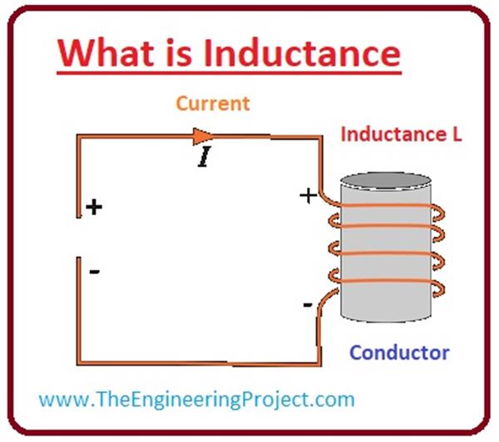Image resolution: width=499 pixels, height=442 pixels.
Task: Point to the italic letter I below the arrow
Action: click(x=203, y=156)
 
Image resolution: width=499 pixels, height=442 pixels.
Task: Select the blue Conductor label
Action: click(x=399, y=352)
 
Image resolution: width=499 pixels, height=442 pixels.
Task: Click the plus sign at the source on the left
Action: click(x=94, y=207)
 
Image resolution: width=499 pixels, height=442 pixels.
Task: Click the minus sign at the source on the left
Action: click(x=94, y=271)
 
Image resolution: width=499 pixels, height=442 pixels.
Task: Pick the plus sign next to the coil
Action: click(x=307, y=197)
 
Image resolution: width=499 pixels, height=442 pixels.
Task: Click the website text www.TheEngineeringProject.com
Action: click(x=197, y=399)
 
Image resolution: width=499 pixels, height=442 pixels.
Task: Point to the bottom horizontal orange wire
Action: click(x=200, y=363)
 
